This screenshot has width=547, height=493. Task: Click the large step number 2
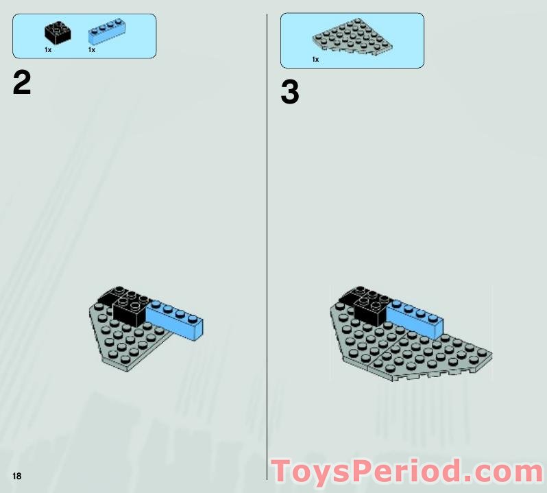click(x=22, y=84)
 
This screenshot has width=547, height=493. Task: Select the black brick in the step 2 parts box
click(x=57, y=33)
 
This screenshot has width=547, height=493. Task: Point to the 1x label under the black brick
click(x=48, y=50)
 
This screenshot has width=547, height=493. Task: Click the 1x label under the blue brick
click(x=91, y=50)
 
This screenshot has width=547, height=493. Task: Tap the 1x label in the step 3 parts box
click(x=315, y=60)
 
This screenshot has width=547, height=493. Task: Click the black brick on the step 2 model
click(x=130, y=309)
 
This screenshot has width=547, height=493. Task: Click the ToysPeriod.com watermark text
click(x=407, y=472)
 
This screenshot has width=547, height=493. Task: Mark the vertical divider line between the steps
click(x=267, y=240)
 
